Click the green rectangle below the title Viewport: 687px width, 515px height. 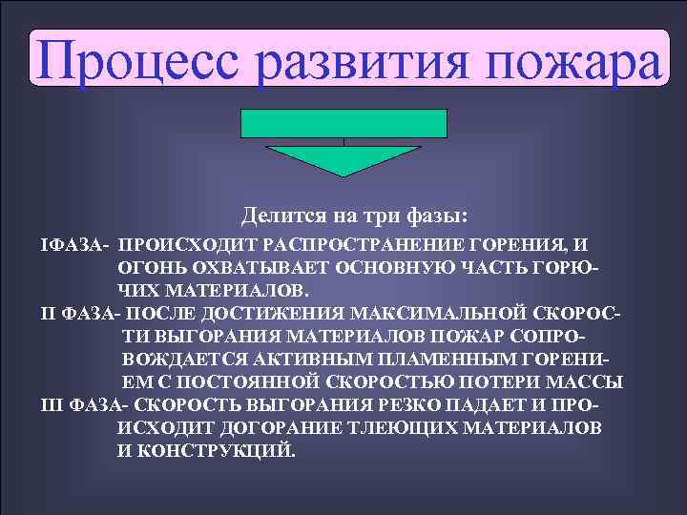[x=344, y=124]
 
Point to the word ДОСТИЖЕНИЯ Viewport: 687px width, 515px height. [x=262, y=313]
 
